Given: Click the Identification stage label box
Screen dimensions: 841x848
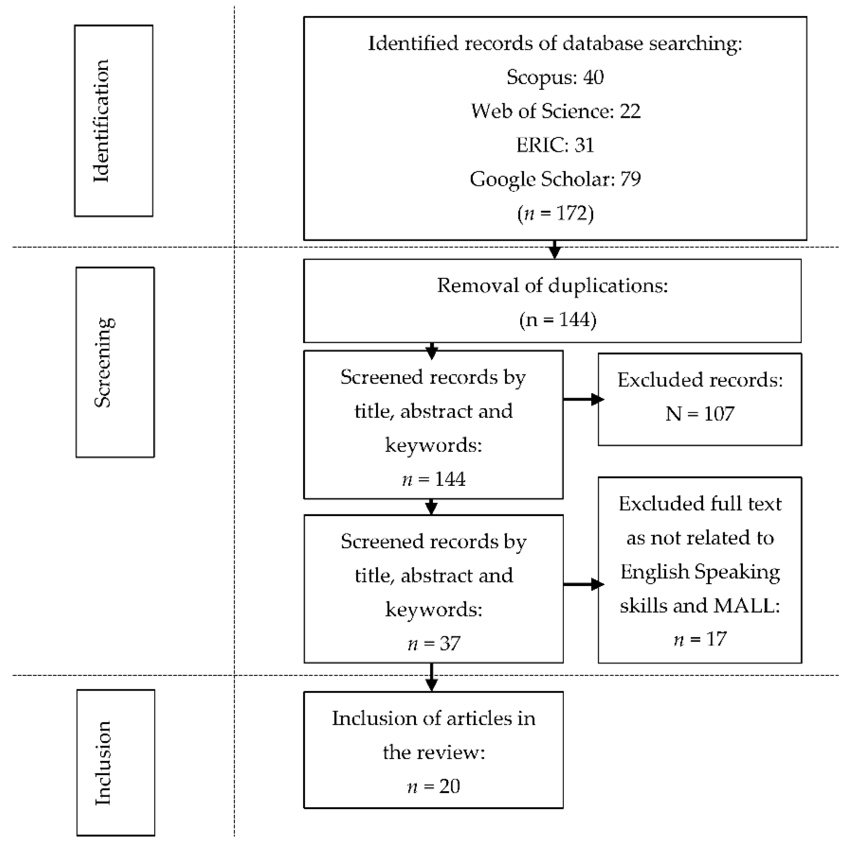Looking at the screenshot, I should tap(114, 121).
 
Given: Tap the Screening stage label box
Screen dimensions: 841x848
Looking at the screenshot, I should tap(115, 362).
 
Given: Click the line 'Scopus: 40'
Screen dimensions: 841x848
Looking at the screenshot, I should tap(555, 77).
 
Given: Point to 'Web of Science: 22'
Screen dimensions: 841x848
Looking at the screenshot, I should tap(555, 111).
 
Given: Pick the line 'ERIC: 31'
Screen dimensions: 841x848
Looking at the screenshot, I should tap(555, 145).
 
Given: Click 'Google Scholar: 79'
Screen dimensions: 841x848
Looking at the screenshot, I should tap(555, 179).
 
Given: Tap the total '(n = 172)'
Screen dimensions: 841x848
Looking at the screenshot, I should tap(555, 213).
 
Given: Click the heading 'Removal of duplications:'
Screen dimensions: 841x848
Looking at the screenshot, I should tap(552, 286).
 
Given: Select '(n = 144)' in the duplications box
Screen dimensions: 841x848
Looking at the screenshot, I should tap(557, 319).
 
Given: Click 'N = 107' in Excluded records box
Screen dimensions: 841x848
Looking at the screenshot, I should tap(700, 413).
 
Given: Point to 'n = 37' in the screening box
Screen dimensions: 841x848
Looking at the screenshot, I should tap(434, 643).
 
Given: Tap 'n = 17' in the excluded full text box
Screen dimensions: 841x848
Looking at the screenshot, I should tap(700, 639).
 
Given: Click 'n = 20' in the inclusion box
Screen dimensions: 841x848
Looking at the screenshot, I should tap(434, 786).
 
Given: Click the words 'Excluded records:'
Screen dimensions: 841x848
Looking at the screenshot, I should tap(700, 380).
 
